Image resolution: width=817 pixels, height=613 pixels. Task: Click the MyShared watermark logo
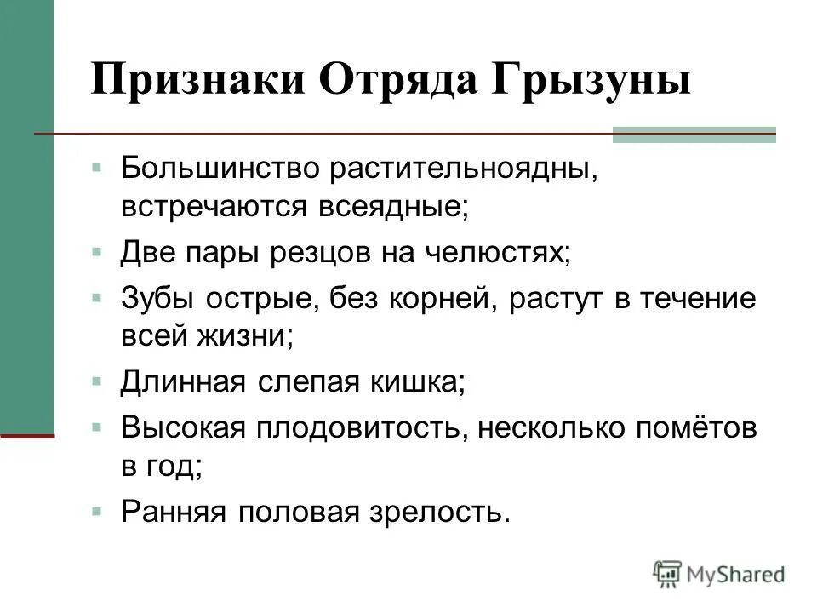coord(719,574)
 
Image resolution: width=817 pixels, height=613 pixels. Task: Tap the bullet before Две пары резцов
coord(98,253)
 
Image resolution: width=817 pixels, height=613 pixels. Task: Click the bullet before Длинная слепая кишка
coord(98,381)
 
